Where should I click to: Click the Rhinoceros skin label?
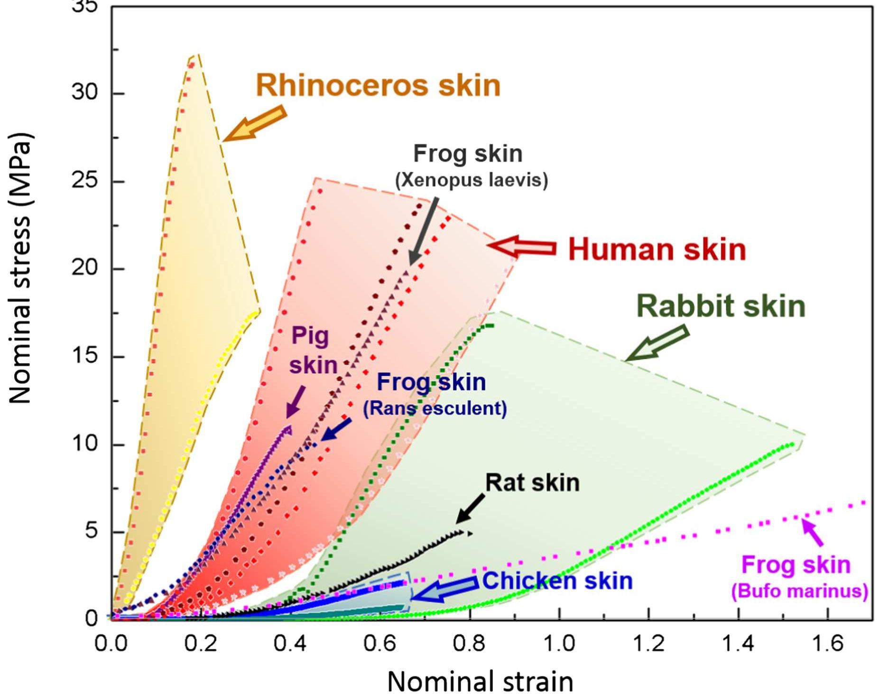(x=378, y=85)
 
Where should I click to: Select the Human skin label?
(x=657, y=250)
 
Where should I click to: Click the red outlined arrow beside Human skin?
(x=522, y=247)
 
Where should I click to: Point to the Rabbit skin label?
(x=721, y=306)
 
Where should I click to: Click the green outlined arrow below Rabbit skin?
(x=657, y=342)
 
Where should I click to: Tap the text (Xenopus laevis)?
(x=471, y=180)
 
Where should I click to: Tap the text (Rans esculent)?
(x=435, y=408)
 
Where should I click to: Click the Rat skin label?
(x=532, y=483)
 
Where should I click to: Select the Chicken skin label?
(x=557, y=581)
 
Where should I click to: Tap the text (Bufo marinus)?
(x=799, y=591)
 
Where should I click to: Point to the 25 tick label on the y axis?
(x=84, y=181)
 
